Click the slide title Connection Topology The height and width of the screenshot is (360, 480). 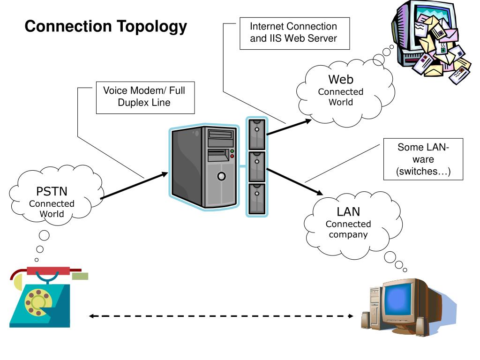[105, 27]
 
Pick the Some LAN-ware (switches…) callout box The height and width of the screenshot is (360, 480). [423, 159]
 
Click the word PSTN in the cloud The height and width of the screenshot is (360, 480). [52, 192]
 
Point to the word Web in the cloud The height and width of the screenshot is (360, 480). [340, 80]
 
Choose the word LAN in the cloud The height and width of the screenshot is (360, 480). [348, 212]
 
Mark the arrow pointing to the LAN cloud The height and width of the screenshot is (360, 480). [295, 180]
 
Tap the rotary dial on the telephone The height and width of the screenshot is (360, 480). [36, 300]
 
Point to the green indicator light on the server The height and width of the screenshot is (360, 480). [232, 151]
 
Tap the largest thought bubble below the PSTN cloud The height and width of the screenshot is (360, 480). [45, 235]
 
